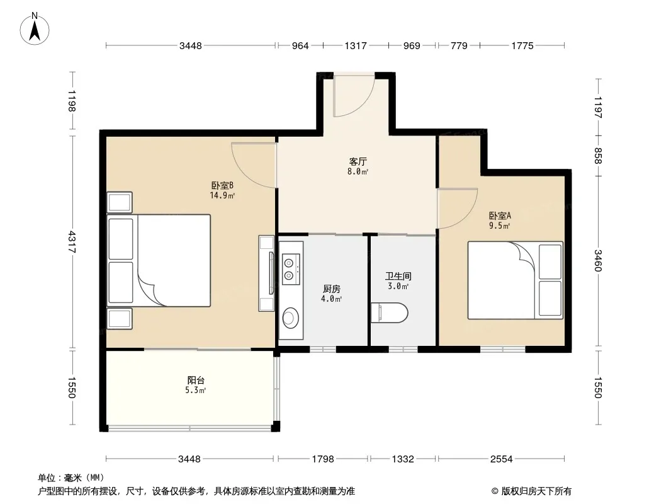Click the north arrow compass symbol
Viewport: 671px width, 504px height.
pyautogui.click(x=35, y=29)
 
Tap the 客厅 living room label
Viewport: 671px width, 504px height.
pyautogui.click(x=358, y=161)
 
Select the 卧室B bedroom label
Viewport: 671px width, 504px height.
pyautogui.click(x=222, y=185)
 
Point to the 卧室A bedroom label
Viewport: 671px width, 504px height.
pyautogui.click(x=500, y=215)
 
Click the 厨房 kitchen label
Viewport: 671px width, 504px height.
pyautogui.click(x=332, y=289)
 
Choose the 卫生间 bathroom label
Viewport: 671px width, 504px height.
pyautogui.click(x=398, y=276)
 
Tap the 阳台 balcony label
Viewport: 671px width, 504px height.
pyautogui.click(x=196, y=380)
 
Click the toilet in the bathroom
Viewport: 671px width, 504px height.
pyautogui.click(x=390, y=313)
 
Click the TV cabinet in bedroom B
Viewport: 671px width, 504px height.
pyautogui.click(x=266, y=273)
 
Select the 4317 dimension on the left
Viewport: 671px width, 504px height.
pyautogui.click(x=72, y=243)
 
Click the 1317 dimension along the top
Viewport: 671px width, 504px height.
pyautogui.click(x=356, y=46)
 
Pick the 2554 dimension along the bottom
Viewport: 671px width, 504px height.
pyautogui.click(x=501, y=459)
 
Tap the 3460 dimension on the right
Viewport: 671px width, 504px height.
pyautogui.click(x=598, y=261)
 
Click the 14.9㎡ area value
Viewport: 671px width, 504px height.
pyautogui.click(x=222, y=196)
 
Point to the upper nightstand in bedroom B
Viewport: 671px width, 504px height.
pyautogui.click(x=120, y=202)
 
